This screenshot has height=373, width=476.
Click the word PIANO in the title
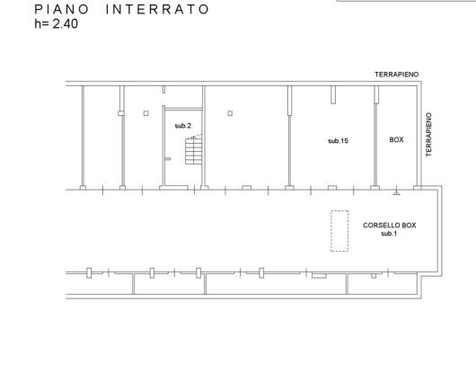point(61,9)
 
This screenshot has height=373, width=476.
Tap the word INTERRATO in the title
point(157,9)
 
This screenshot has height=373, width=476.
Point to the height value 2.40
point(66,23)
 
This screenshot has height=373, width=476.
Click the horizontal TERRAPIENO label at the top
point(396,75)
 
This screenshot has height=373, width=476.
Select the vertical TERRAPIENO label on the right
point(428,135)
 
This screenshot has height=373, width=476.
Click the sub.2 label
point(182,126)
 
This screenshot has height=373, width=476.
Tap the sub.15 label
point(338,140)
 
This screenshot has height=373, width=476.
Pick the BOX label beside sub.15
point(396,139)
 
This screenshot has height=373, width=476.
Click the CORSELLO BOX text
point(390,226)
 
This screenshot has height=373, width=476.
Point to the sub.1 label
point(389,234)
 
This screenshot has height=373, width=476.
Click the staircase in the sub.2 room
point(193,150)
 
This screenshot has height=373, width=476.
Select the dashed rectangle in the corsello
point(339,231)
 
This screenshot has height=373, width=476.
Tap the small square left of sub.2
point(146,113)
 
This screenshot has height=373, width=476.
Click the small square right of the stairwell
point(230,113)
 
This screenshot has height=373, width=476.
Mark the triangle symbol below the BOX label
point(396,192)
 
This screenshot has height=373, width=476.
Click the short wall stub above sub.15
point(333,94)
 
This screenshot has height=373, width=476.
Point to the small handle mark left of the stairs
point(168,159)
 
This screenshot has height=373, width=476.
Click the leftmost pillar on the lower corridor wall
point(89,272)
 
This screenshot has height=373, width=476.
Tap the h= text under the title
point(41,23)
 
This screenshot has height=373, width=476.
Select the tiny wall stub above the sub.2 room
point(163,90)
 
